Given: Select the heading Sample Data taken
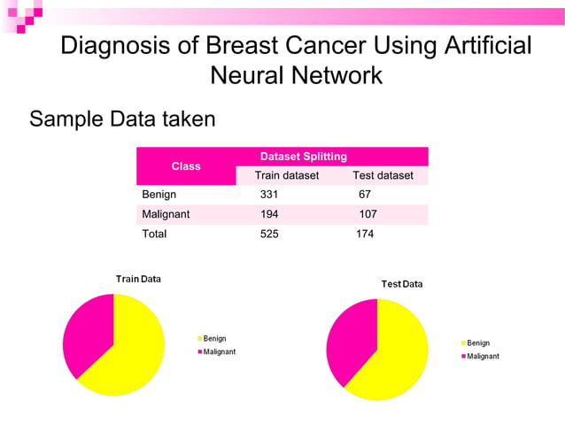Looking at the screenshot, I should [122, 118].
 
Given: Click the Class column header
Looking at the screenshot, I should [186, 165].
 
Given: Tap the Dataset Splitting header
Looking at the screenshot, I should [303, 156].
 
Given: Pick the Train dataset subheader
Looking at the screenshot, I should [287, 175].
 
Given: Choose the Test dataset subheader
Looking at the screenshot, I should [383, 175].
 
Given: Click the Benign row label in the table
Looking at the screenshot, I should [159, 194].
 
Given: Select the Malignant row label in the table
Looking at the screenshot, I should [166, 214].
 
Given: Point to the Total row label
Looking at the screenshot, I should [154, 235].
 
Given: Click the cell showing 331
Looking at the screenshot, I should [269, 194].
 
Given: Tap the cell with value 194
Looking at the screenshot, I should [269, 214].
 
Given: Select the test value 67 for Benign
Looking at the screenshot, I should [365, 194].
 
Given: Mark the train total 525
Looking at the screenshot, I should [269, 235].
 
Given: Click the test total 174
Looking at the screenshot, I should [365, 235].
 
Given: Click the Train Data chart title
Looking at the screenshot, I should [138, 279].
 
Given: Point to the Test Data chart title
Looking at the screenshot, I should [402, 284].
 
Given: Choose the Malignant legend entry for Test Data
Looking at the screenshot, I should [482, 356].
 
